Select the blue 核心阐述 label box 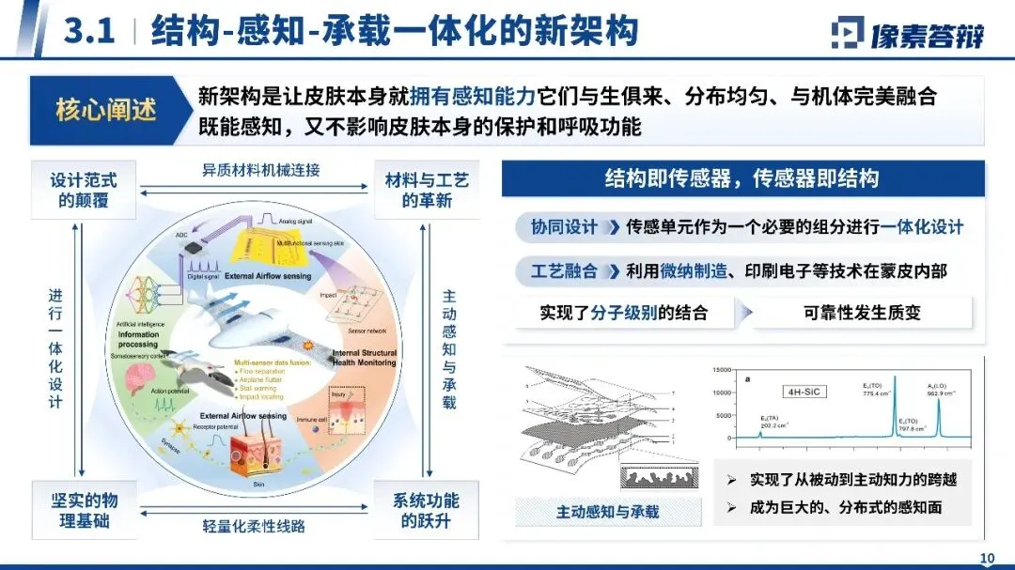(x=106, y=110)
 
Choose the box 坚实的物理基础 (x=84, y=508)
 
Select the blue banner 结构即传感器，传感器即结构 (x=742, y=178)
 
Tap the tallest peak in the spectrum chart (x=894, y=380)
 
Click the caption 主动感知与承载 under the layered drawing (x=608, y=512)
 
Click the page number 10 (x=987, y=559)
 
